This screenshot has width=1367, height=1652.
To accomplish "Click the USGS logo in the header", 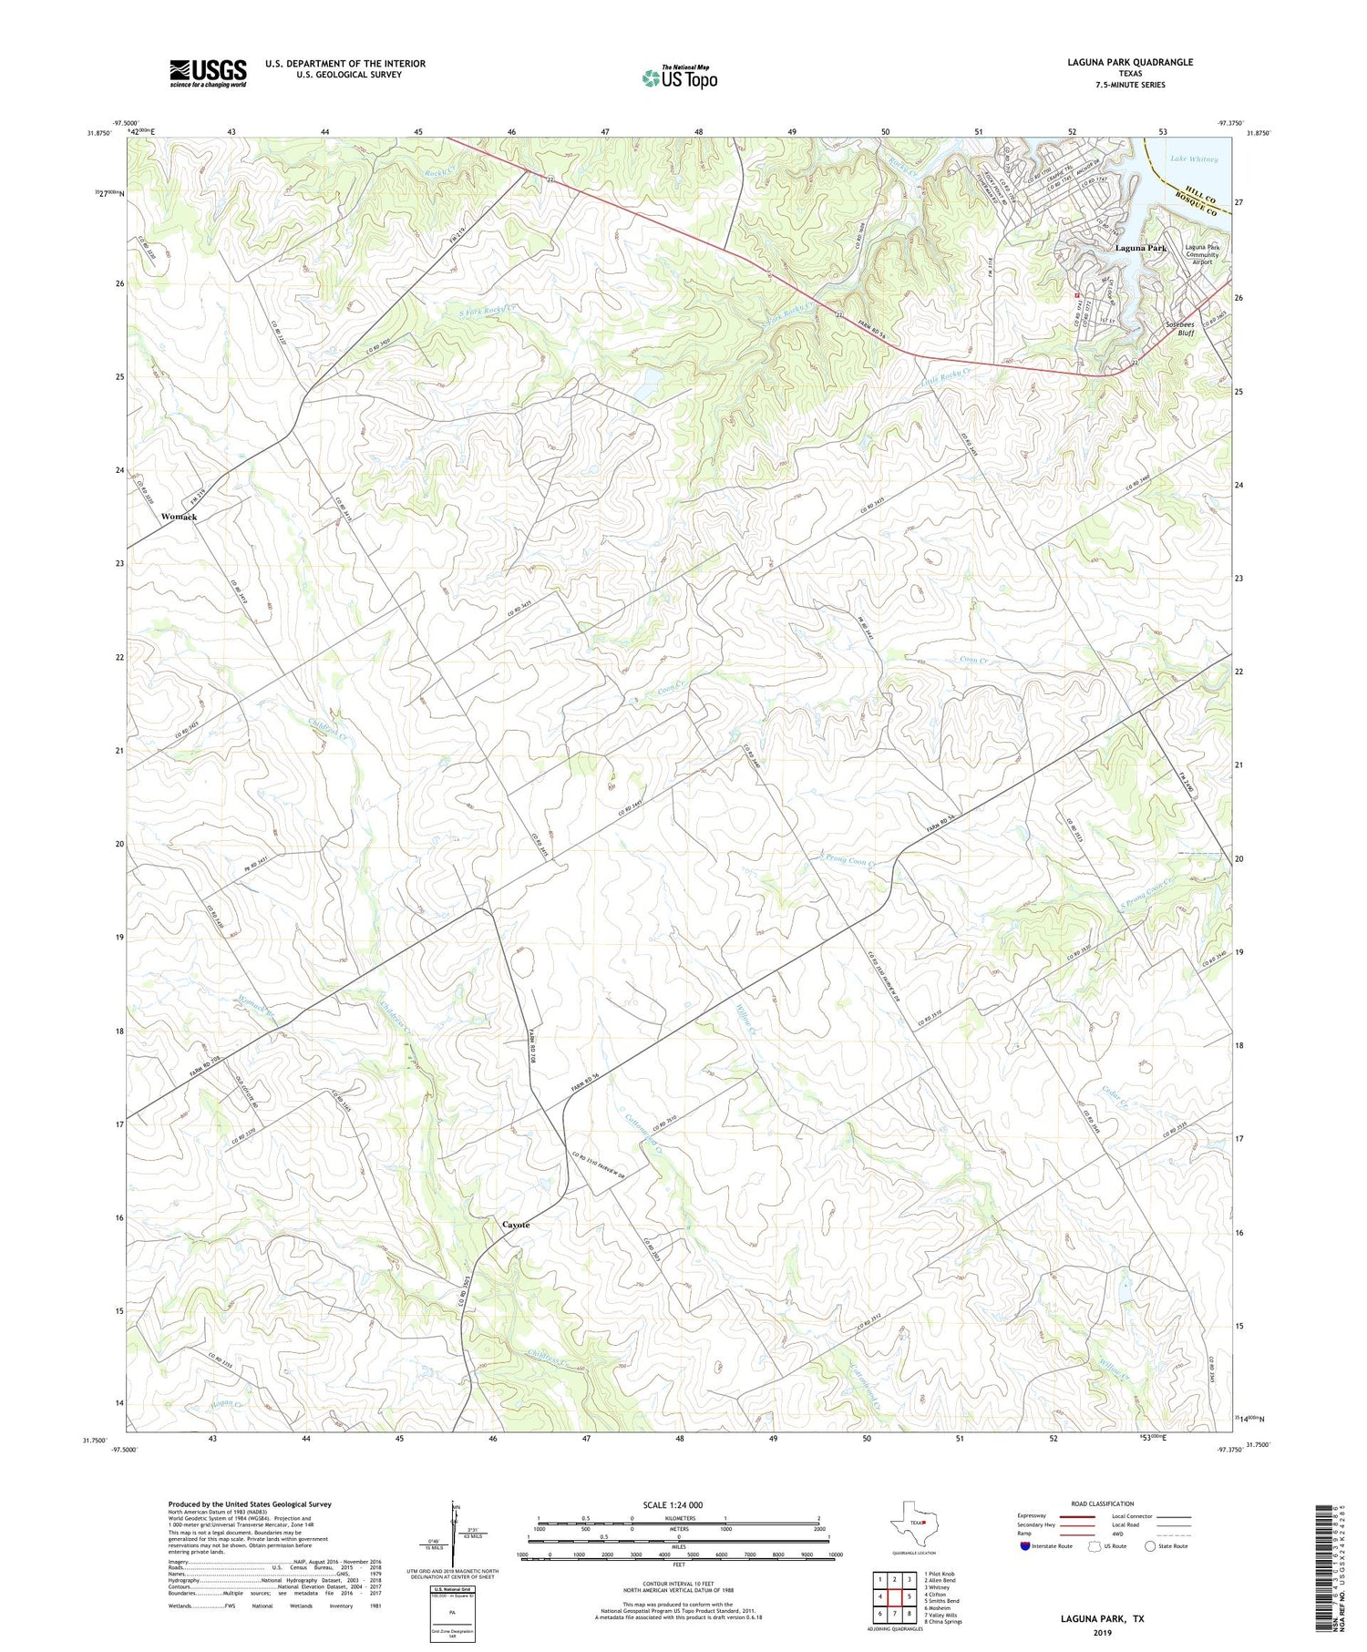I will coord(208,73).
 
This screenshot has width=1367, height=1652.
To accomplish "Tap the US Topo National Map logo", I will coord(679,77).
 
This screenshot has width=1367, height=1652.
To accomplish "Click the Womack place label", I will coord(179,517).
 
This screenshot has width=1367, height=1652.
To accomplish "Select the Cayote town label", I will coord(516,1225).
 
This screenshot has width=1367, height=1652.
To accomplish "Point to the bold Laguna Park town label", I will coord(1140,248).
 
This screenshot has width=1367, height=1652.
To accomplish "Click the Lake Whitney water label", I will coord(1194,159).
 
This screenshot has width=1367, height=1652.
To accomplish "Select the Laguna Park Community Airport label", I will coord(1202,254).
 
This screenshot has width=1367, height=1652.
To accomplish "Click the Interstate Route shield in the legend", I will coord(1026,1545).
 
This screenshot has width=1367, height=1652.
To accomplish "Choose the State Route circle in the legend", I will coord(1150,1545).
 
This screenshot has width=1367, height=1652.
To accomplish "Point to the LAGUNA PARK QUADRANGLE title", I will coord(1130,62).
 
